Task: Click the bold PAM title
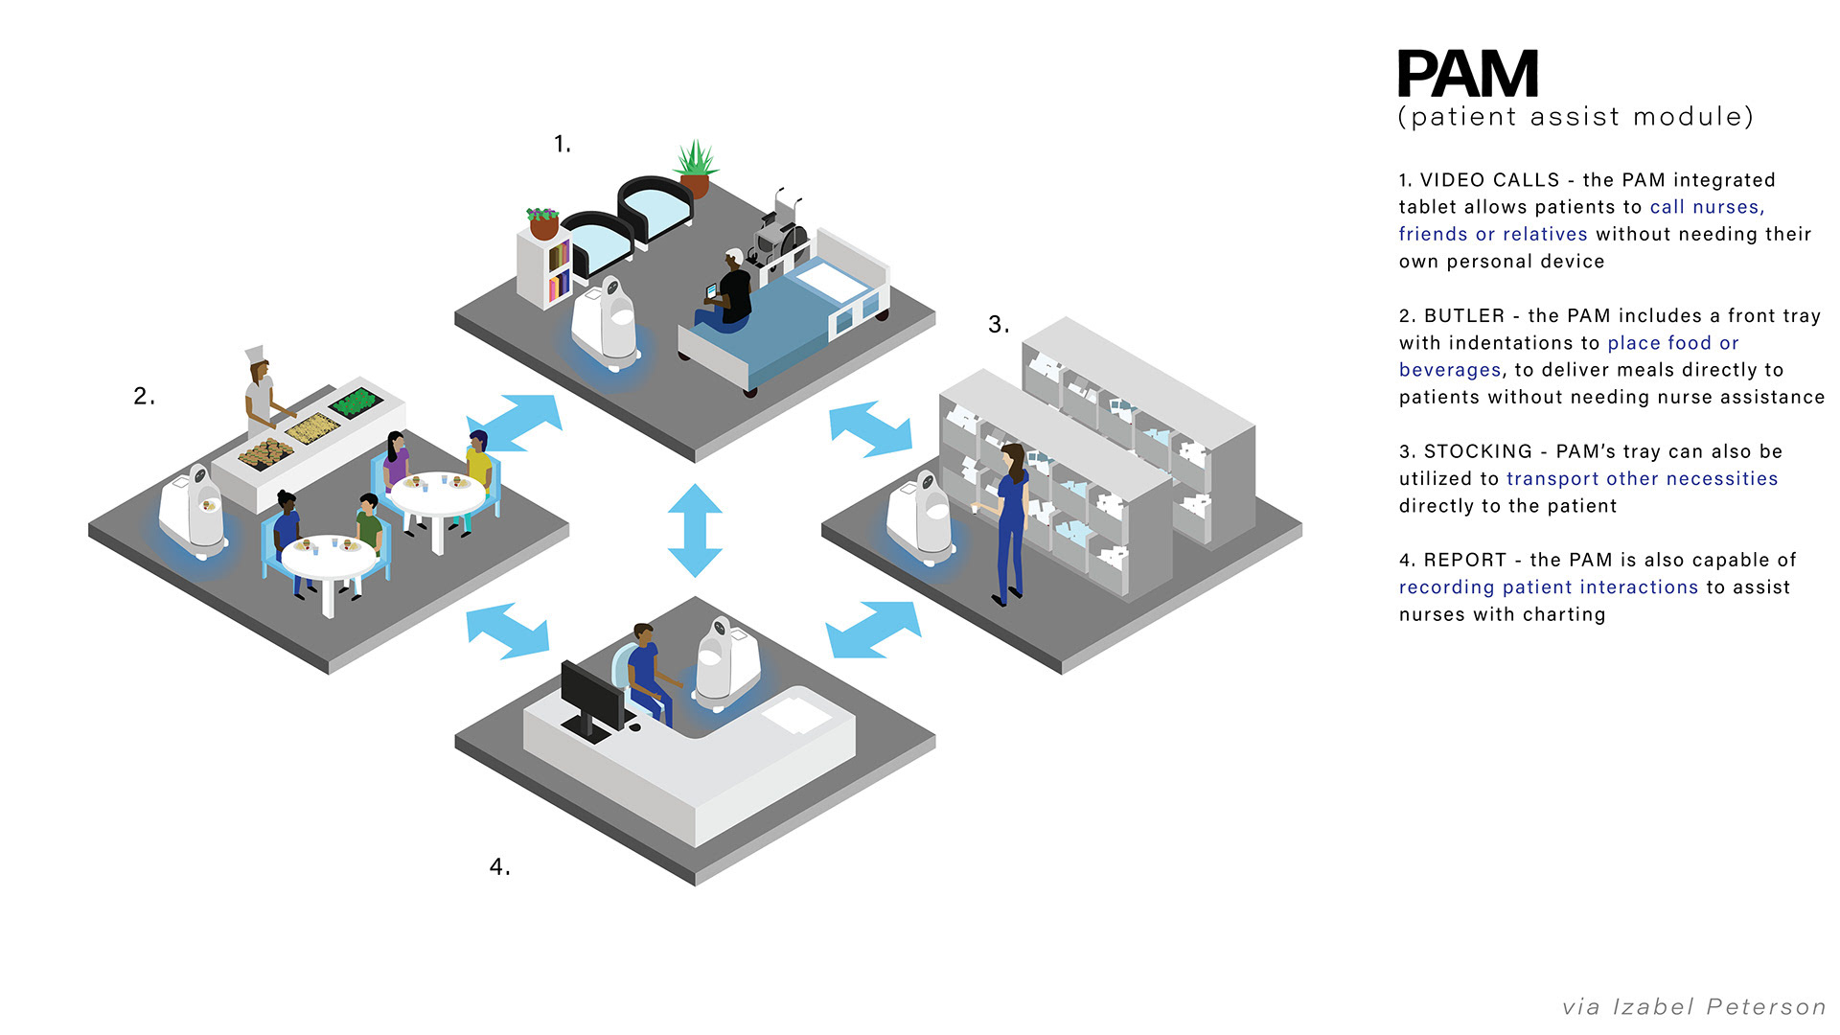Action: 1467,75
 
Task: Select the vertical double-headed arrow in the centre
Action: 695,530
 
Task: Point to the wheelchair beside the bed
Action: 781,230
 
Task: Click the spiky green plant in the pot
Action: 696,158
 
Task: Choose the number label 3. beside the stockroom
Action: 998,325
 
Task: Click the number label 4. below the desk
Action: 499,867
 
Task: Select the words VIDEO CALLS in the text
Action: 1489,180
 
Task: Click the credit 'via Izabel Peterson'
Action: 1693,1006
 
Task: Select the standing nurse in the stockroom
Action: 1010,522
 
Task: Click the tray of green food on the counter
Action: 356,401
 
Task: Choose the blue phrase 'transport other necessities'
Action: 1642,479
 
